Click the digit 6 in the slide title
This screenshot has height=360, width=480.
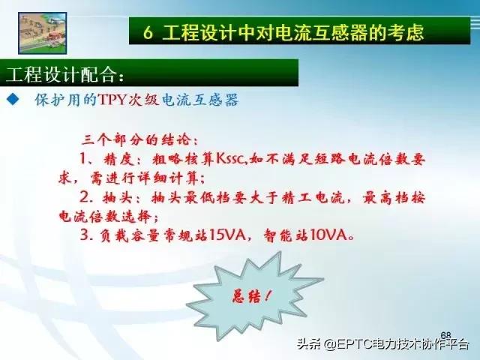151,33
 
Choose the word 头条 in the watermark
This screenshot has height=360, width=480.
310,346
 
